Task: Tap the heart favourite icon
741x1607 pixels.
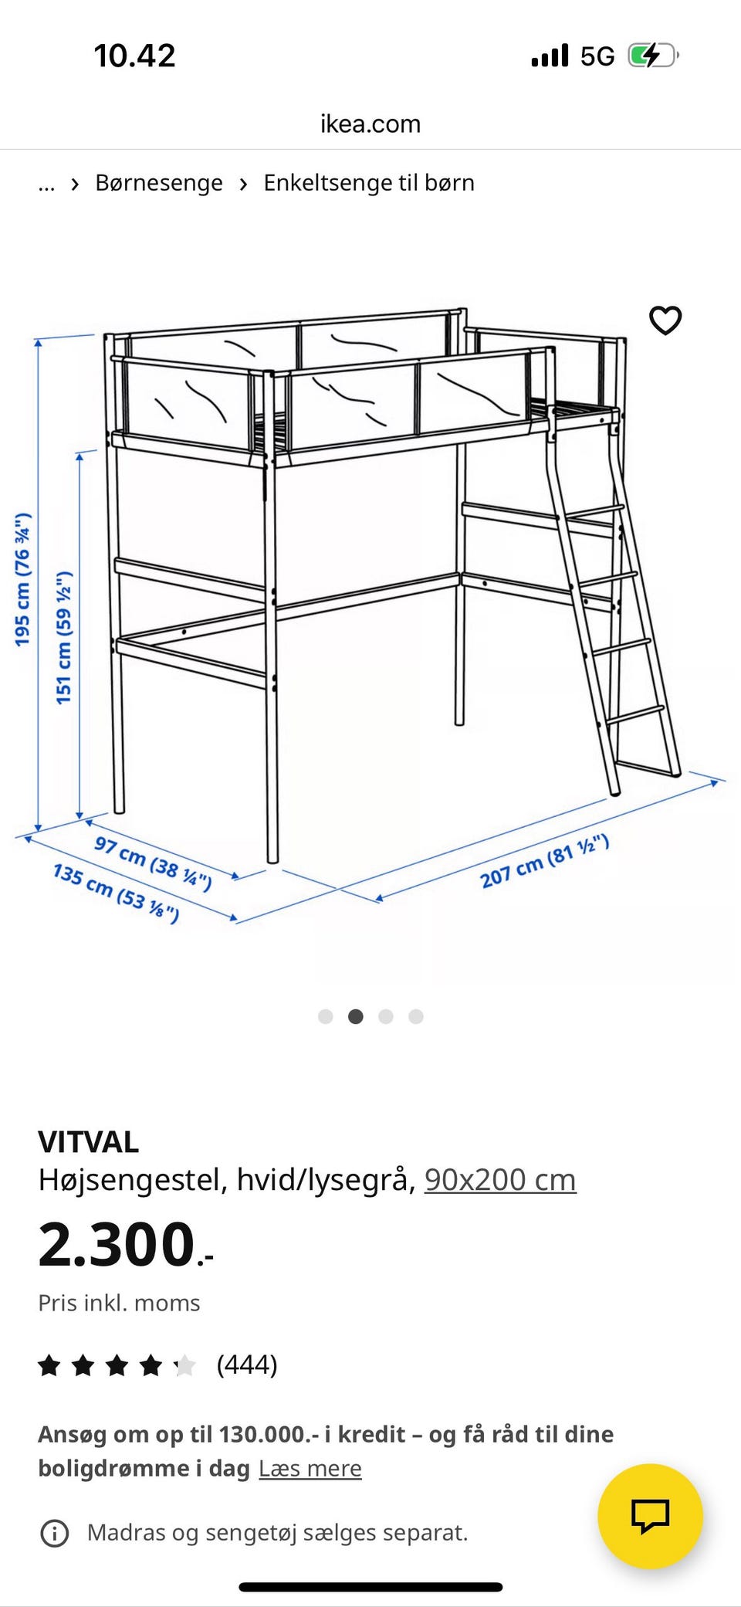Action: tap(665, 320)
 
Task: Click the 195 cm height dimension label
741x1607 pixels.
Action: tap(23, 579)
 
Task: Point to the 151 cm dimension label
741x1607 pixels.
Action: tap(64, 638)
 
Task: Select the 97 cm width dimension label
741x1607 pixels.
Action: tap(153, 863)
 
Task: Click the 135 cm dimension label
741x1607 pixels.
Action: tap(116, 893)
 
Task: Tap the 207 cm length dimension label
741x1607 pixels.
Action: tap(545, 861)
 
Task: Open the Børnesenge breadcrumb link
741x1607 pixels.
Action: tap(159, 183)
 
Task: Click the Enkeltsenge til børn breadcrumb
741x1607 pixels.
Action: tap(369, 183)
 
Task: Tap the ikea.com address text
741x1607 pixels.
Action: tap(370, 124)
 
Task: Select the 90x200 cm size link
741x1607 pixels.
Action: tap(500, 1180)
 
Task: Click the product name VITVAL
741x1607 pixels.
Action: tap(89, 1142)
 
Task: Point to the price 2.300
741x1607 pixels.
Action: tap(126, 1245)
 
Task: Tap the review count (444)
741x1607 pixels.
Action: tap(247, 1365)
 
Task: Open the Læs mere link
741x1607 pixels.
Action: tap(310, 1468)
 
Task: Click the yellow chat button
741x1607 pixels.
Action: tap(650, 1516)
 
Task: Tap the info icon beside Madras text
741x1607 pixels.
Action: tap(54, 1533)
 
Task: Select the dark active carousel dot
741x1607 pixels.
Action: tap(356, 1016)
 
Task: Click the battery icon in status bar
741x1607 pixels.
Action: tap(653, 56)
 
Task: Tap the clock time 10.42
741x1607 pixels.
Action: tap(135, 56)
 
